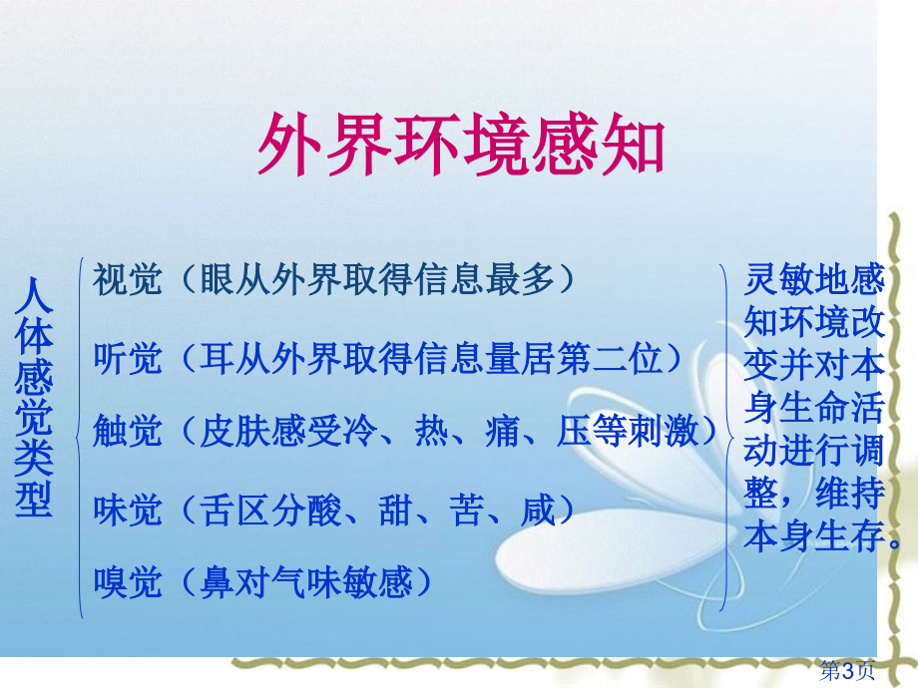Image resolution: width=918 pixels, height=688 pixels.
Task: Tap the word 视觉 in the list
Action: coord(127,279)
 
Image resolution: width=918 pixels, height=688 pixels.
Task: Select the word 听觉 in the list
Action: coord(127,358)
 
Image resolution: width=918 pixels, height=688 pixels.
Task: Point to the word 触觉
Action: coord(127,431)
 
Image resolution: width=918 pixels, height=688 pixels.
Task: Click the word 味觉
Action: coord(127,510)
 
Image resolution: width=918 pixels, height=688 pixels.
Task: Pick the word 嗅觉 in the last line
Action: coord(127,582)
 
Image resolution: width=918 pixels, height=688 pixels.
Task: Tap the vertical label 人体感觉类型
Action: coord(34,398)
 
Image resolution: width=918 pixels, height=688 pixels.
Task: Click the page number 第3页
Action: coord(846,670)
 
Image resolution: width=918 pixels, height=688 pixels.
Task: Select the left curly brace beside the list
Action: coord(80,438)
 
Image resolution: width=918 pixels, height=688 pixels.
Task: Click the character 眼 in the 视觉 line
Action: coord(218,279)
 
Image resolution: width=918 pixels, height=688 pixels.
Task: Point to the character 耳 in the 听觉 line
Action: coord(218,358)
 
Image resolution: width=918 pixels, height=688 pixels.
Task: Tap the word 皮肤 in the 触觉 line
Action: coord(234,431)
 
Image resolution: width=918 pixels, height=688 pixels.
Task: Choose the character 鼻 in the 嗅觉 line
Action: coord(218,582)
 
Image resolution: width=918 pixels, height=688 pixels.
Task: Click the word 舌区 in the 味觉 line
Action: coord(234,510)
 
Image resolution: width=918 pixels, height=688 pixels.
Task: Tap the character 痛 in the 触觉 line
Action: coord(503,431)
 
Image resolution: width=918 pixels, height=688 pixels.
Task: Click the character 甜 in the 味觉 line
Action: coord(396,510)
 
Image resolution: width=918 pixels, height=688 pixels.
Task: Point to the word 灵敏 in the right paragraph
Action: coord(778,279)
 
